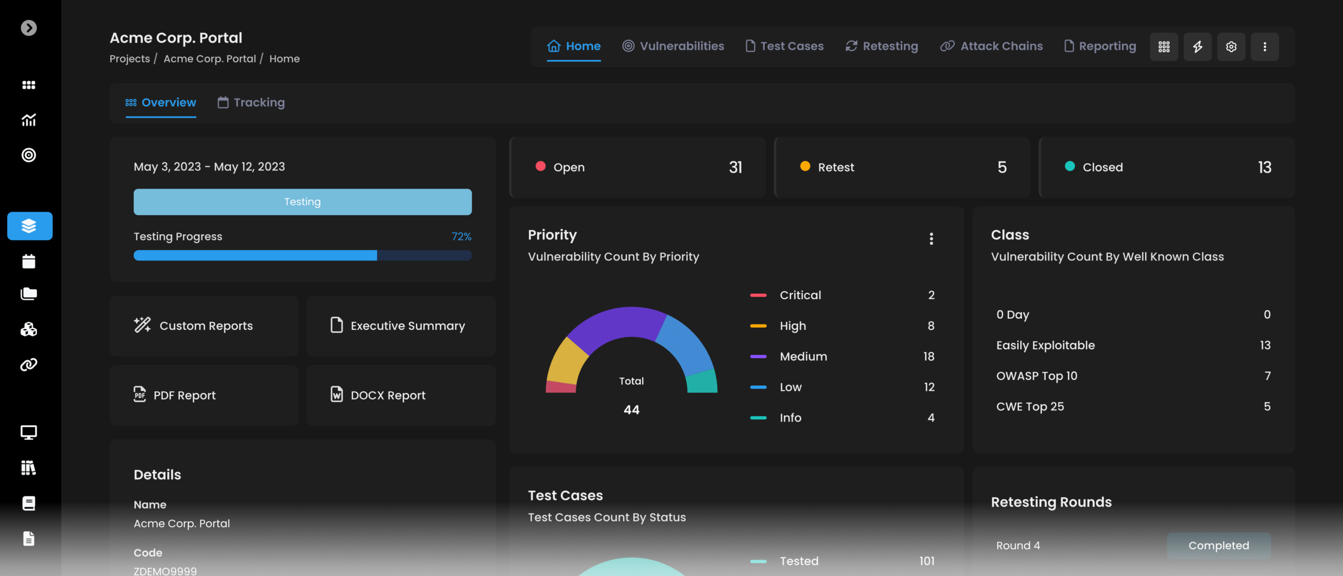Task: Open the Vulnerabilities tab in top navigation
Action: pos(673,46)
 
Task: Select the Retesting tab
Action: pos(882,46)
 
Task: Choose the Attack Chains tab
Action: pos(992,46)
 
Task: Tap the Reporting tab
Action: pos(1100,46)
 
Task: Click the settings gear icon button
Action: pos(1231,47)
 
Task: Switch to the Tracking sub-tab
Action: pos(251,102)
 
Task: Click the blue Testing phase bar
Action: pos(303,202)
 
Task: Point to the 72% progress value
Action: pos(461,237)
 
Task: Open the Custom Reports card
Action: pos(204,326)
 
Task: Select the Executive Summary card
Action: pos(401,326)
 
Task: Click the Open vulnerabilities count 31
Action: pos(736,167)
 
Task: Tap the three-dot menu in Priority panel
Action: pos(931,239)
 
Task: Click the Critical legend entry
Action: pos(800,295)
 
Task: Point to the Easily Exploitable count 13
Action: pos(1265,345)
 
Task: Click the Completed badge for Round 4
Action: pos(1219,546)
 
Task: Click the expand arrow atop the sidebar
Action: pos(29,28)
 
